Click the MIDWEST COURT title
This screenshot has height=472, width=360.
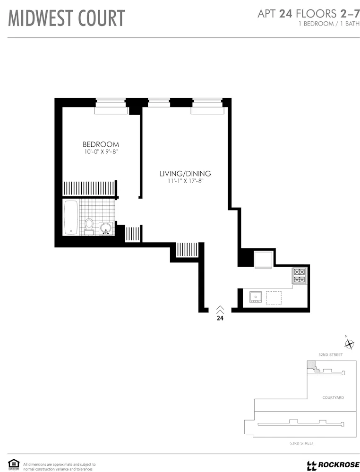(67, 18)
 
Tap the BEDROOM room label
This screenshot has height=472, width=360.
(101, 144)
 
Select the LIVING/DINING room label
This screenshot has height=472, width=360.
(185, 174)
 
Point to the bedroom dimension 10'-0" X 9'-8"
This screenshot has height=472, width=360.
(101, 152)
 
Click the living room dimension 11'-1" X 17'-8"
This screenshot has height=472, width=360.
(185, 181)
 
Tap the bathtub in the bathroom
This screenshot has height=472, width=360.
(71, 218)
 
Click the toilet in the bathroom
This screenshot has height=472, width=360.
(89, 226)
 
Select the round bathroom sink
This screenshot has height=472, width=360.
(106, 228)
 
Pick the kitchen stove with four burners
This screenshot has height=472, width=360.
(300, 276)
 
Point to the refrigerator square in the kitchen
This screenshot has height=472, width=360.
(264, 260)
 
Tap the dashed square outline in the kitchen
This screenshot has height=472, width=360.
(274, 298)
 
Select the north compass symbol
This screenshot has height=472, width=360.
(349, 344)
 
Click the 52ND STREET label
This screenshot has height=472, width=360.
(331, 354)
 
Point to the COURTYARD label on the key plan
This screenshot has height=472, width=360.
(333, 397)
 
